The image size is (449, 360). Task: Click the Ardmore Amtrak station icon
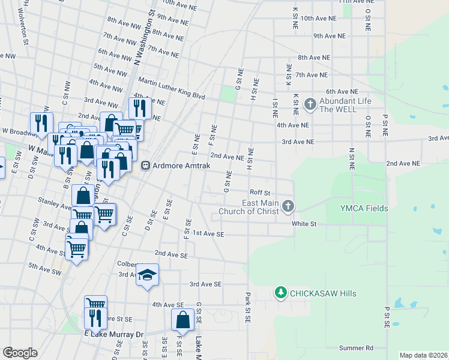coord(145,166)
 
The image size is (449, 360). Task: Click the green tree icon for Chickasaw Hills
coord(280,293)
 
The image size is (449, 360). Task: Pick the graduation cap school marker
coord(147,275)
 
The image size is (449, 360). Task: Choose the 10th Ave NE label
coord(316,19)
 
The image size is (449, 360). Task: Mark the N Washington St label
coord(144,36)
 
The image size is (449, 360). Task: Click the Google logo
coord(20,352)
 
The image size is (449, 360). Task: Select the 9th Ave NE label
coord(330,36)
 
